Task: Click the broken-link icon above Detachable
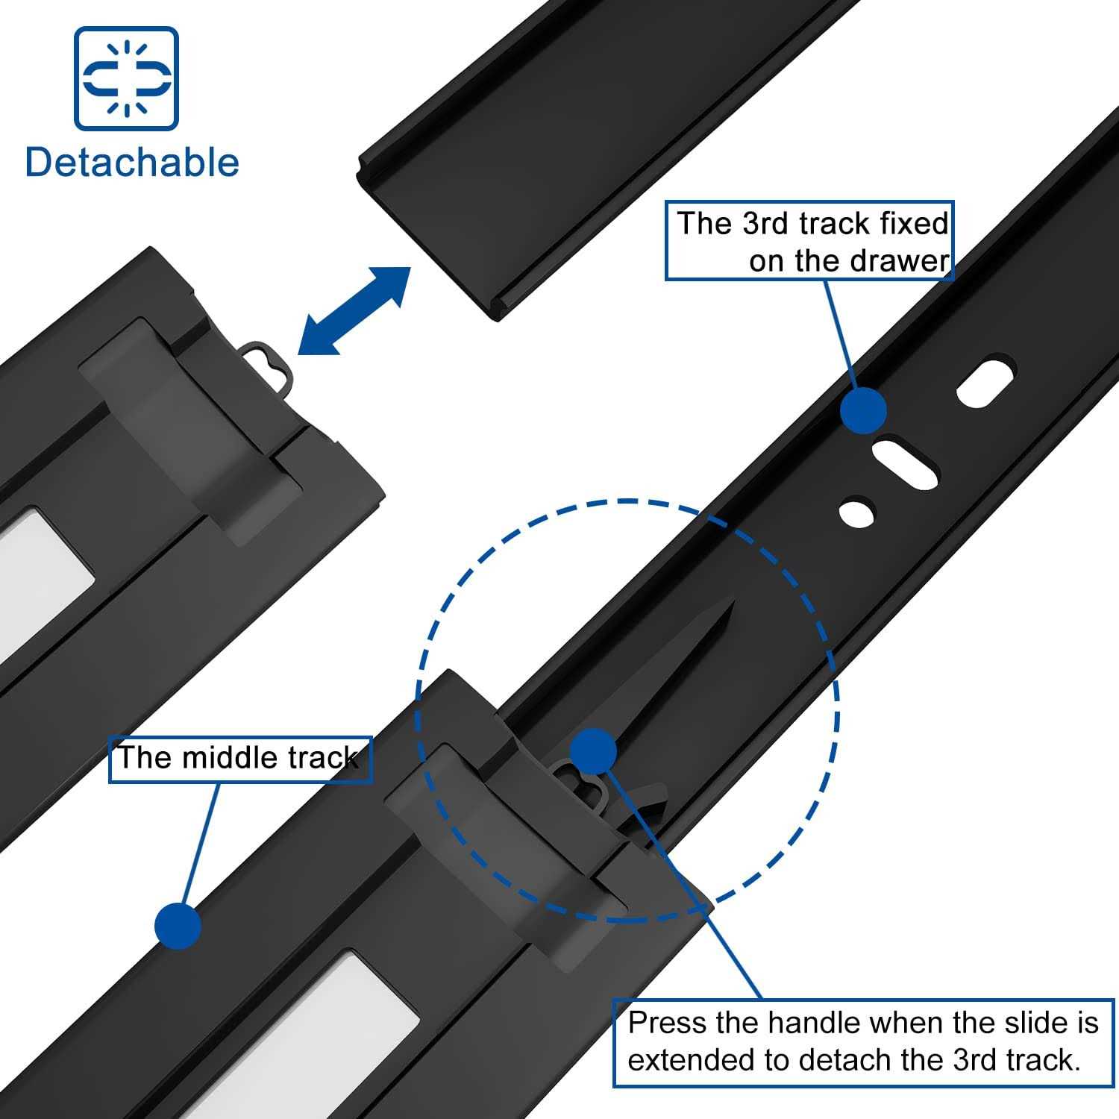[x=126, y=78]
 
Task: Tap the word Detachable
[x=132, y=163]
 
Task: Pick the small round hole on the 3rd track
[x=856, y=512]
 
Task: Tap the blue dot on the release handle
[x=593, y=751]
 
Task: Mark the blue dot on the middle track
[x=178, y=925]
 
